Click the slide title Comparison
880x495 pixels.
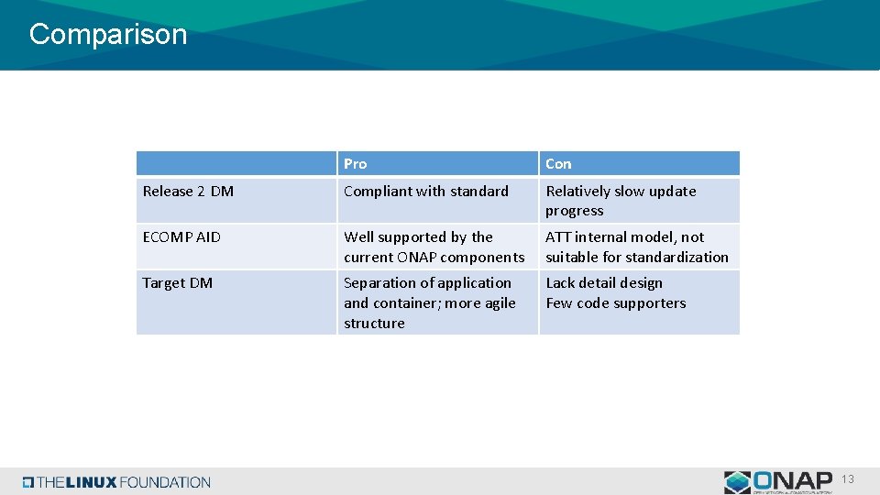108,35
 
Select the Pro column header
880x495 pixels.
356,164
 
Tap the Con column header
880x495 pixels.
558,164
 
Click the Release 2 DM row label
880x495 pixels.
188,192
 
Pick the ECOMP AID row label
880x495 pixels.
181,237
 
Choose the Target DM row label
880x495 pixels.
178,283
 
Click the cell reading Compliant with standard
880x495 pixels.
426,192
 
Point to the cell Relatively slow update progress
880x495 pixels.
621,201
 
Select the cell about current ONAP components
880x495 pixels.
434,247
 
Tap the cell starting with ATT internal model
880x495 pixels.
636,247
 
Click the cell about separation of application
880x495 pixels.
429,302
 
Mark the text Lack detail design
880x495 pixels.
604,283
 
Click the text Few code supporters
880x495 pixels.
616,303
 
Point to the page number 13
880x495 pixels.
848,479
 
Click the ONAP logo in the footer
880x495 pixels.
778,481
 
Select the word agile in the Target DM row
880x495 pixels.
497,303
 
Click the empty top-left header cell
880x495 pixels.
236,164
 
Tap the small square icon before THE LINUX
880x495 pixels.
28,482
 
